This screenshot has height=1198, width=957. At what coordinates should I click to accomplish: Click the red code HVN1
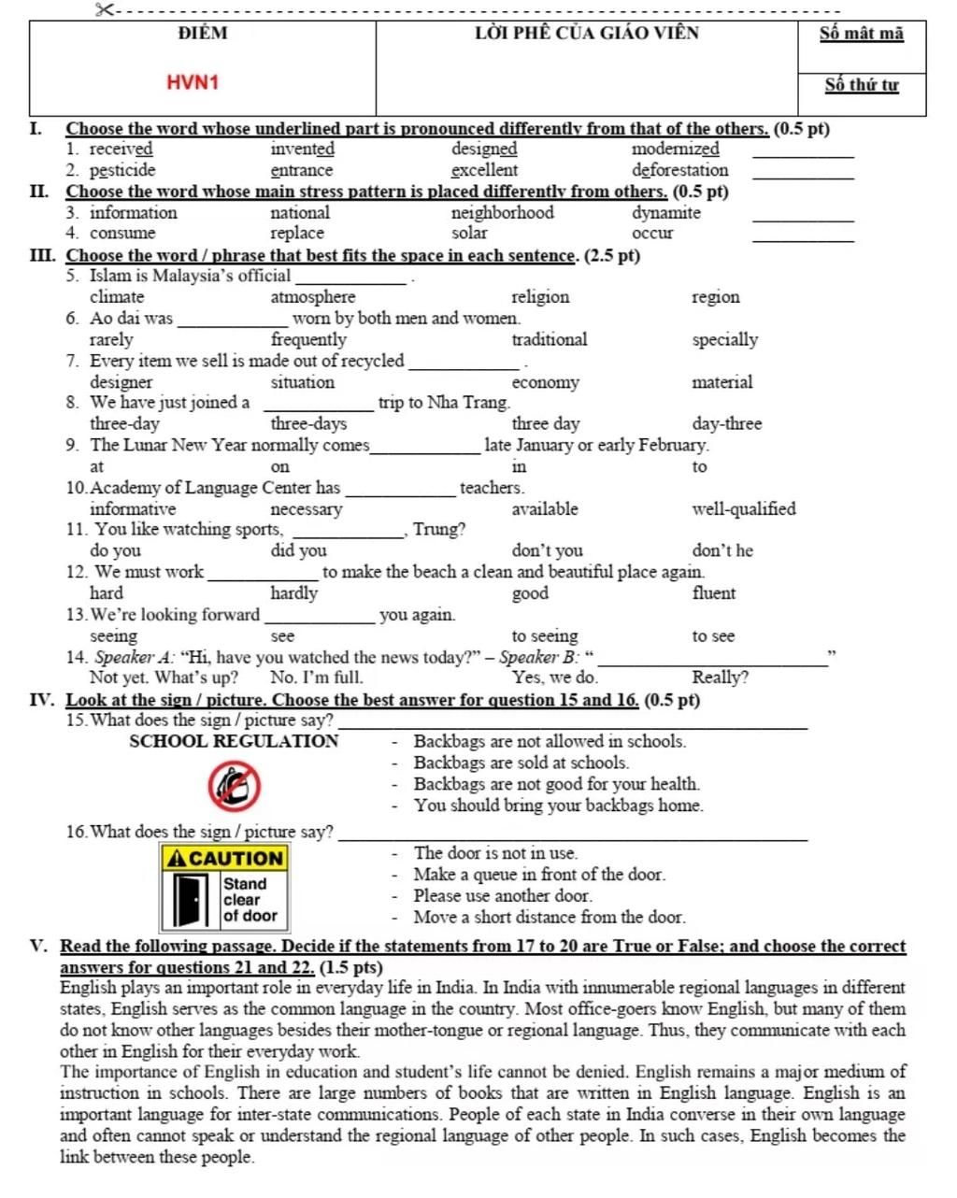coord(193,82)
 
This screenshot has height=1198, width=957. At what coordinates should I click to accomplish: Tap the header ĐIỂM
coord(202,34)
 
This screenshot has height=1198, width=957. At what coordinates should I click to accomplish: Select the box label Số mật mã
coord(862,34)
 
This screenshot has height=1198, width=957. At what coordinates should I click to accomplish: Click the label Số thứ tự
coord(862,85)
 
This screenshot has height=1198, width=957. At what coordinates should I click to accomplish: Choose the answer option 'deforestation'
coord(679,170)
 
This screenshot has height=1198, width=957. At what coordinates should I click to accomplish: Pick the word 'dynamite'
coord(665,213)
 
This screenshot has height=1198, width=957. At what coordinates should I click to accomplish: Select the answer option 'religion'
coord(540,297)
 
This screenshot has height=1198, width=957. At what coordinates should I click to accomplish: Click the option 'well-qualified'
coord(743,509)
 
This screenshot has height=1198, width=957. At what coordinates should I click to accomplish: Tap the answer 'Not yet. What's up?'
coord(164,677)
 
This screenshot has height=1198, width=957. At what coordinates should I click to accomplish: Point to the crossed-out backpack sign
coord(234,786)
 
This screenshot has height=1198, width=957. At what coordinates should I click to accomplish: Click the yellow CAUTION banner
coord(225,858)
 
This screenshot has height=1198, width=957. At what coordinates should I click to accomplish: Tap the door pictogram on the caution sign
coord(192,900)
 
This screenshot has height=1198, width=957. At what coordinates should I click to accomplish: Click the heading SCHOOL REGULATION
coord(234,742)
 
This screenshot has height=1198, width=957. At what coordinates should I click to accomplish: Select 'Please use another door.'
coord(503,896)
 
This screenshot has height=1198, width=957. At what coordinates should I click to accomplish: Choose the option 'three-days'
coord(308,424)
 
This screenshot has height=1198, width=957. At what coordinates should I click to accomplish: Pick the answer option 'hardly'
coord(293,593)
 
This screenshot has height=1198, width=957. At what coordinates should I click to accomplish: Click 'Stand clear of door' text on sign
coord(250,900)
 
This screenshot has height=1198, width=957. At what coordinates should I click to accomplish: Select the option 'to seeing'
coord(544,636)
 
